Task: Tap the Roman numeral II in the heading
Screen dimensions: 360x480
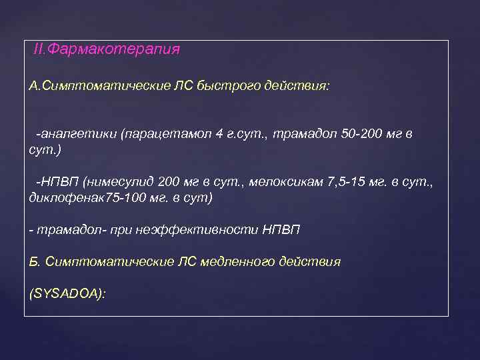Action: click(39, 50)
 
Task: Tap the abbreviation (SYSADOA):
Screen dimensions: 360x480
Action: click(68, 293)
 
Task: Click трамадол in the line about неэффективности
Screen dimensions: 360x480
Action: click(63, 230)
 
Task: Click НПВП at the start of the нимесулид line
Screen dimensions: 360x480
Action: click(54, 183)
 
